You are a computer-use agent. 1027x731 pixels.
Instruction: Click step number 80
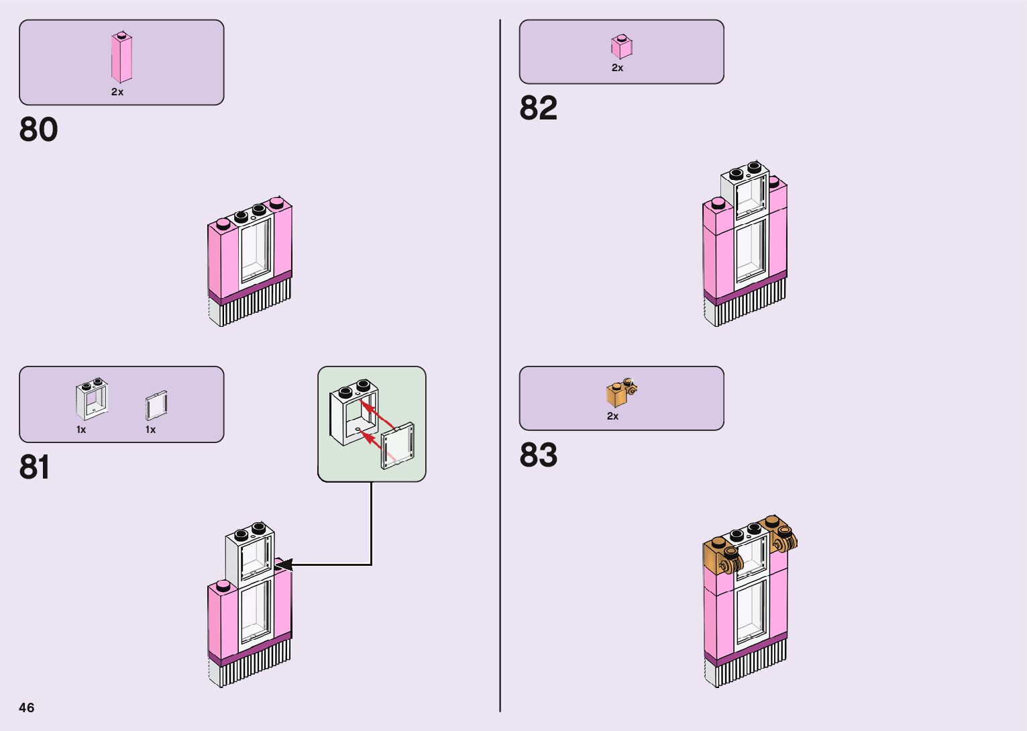click(x=38, y=130)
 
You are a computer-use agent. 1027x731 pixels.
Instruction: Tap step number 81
click(x=34, y=467)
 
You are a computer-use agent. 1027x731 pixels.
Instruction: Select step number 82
click(x=538, y=108)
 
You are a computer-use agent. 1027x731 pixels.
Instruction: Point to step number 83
click(x=538, y=455)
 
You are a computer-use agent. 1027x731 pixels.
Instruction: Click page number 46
click(x=27, y=708)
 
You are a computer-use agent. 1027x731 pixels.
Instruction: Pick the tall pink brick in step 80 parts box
click(x=121, y=58)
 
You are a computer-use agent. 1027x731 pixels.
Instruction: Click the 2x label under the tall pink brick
click(x=117, y=92)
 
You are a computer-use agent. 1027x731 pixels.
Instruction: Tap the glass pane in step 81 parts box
click(x=156, y=406)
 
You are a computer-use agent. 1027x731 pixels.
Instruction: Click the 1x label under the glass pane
click(x=150, y=430)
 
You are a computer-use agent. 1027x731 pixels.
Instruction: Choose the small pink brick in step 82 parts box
click(x=621, y=47)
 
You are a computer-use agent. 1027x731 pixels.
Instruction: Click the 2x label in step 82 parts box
click(x=617, y=68)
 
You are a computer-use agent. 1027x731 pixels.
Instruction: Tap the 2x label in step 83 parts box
click(x=612, y=416)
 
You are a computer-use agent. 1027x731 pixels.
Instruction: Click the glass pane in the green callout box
click(x=398, y=446)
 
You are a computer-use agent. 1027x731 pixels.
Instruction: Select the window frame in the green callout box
click(x=353, y=412)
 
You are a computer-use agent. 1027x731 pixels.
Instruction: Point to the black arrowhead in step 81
click(x=282, y=565)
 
